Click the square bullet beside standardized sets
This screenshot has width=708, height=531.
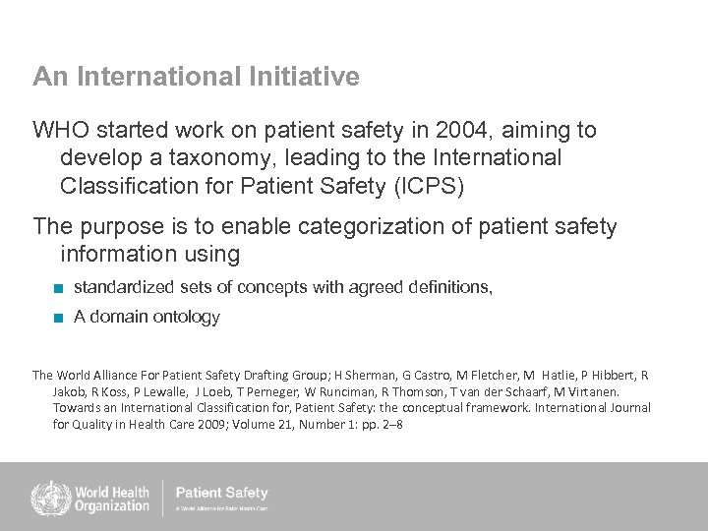click(x=60, y=288)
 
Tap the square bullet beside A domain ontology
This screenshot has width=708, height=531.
click(x=60, y=318)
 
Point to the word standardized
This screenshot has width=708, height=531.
click(x=124, y=287)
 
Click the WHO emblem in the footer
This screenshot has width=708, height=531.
click(x=48, y=497)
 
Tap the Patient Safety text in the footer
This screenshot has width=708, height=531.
click(x=221, y=493)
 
